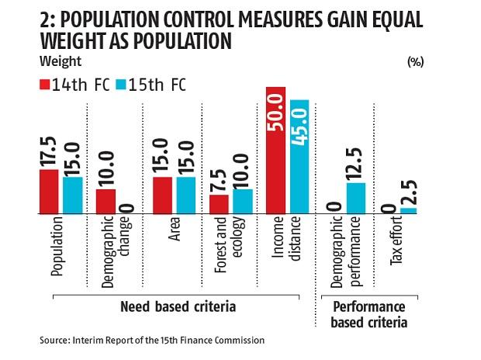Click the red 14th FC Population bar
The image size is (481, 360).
tap(49, 192)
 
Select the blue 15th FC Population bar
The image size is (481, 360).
tap(72, 196)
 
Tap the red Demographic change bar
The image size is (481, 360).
tap(106, 202)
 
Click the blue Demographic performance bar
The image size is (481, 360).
tap(356, 198)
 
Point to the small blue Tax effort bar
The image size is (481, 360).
tap(407, 210)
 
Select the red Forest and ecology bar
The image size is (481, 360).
tap(219, 204)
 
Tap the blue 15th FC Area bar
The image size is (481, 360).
tap(186, 196)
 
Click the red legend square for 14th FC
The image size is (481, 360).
tap(44, 83)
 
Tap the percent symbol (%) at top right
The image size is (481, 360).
tap(414, 62)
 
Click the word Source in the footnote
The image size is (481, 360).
tap(56, 340)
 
